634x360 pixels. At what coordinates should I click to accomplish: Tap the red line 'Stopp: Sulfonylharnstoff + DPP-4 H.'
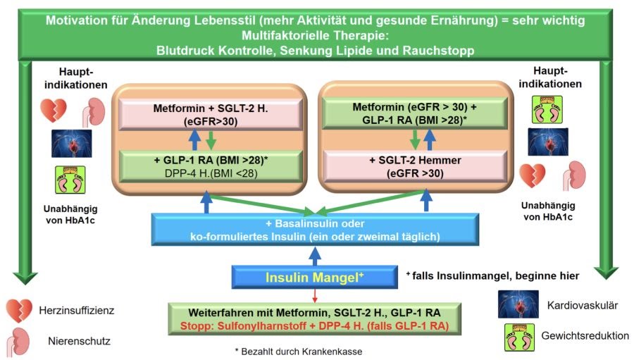coord(314,325)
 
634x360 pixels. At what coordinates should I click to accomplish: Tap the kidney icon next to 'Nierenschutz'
coord(18,342)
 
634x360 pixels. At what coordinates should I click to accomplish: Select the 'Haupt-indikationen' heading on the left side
coord(70,78)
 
